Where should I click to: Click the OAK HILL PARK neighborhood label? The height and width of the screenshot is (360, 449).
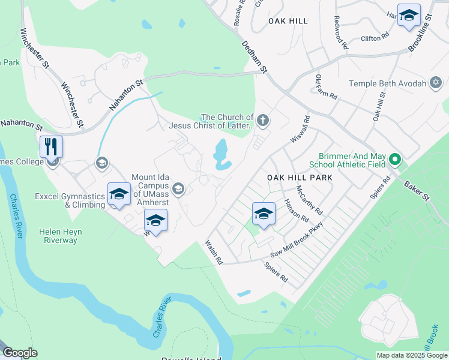point(299,178)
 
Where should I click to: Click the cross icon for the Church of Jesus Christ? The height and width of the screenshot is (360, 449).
point(263,121)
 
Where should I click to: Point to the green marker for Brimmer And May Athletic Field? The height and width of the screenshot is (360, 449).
point(394,160)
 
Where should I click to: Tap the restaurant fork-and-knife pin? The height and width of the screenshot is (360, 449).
point(51,146)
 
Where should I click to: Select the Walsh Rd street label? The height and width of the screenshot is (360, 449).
point(214,253)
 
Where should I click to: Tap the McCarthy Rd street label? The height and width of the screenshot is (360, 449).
point(309,200)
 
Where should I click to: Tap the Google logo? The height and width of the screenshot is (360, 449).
point(19,353)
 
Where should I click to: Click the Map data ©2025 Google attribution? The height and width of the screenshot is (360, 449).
point(411,355)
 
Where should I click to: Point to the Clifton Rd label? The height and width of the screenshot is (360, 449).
point(371,38)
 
